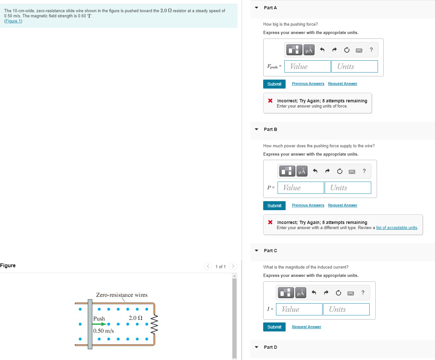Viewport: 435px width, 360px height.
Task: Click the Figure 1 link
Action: pos(13,21)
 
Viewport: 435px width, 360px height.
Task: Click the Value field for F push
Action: pos(307,66)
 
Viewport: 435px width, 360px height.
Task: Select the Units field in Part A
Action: pos(354,66)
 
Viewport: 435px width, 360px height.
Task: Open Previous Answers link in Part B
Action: pos(308,205)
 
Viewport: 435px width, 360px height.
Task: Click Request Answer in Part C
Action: pos(306,327)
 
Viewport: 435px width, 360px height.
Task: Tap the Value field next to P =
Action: pos(301,188)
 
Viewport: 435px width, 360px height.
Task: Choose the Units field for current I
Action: pos(346,309)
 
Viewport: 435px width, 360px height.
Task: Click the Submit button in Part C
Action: pos(274,327)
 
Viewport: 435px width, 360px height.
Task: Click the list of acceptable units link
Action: pos(397,227)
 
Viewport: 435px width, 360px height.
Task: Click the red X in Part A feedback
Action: pos(270,100)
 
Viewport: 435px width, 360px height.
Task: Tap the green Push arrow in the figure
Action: pos(99,324)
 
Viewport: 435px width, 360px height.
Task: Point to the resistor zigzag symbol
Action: pos(155,324)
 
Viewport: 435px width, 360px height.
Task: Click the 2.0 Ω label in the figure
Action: pos(135,318)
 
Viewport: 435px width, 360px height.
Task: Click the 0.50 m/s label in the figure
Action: pos(104,331)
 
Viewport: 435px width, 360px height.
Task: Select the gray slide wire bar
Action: pos(90,324)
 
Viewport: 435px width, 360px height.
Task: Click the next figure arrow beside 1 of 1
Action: pos(233,266)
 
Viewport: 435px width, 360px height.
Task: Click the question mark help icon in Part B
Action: pos(364,171)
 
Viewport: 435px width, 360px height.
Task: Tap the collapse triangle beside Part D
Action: pos(256,347)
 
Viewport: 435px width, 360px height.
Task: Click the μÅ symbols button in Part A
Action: pos(309,50)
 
